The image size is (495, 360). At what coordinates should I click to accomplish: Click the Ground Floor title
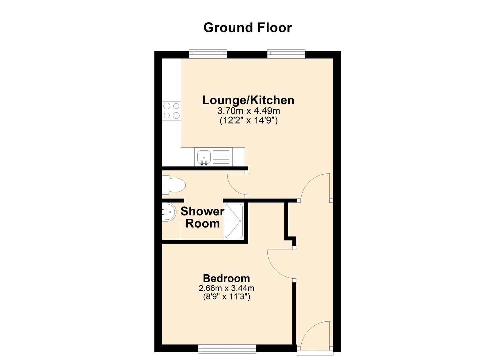pos(247,28)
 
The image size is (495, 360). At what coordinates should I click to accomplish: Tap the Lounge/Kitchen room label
pos(248,100)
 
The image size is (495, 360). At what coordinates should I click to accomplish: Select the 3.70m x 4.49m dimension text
pos(249,111)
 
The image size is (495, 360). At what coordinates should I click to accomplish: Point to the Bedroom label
pos(227,278)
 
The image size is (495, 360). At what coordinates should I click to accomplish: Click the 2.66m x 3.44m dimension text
pos(227,288)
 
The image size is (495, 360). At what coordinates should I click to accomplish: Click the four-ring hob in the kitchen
pos(171,111)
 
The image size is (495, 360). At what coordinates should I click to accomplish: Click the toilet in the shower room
pos(174,185)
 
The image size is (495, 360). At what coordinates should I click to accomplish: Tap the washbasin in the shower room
pos(169,212)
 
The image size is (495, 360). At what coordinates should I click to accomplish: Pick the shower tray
pos(234,221)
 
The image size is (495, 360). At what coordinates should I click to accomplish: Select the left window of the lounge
pos(208,54)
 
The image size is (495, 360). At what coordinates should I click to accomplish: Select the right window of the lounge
pos(286,54)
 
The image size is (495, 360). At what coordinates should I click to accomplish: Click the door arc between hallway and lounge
pos(309,182)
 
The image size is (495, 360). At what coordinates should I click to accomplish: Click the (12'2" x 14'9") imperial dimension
pos(249,121)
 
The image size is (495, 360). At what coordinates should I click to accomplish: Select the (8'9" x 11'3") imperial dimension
pos(227,297)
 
